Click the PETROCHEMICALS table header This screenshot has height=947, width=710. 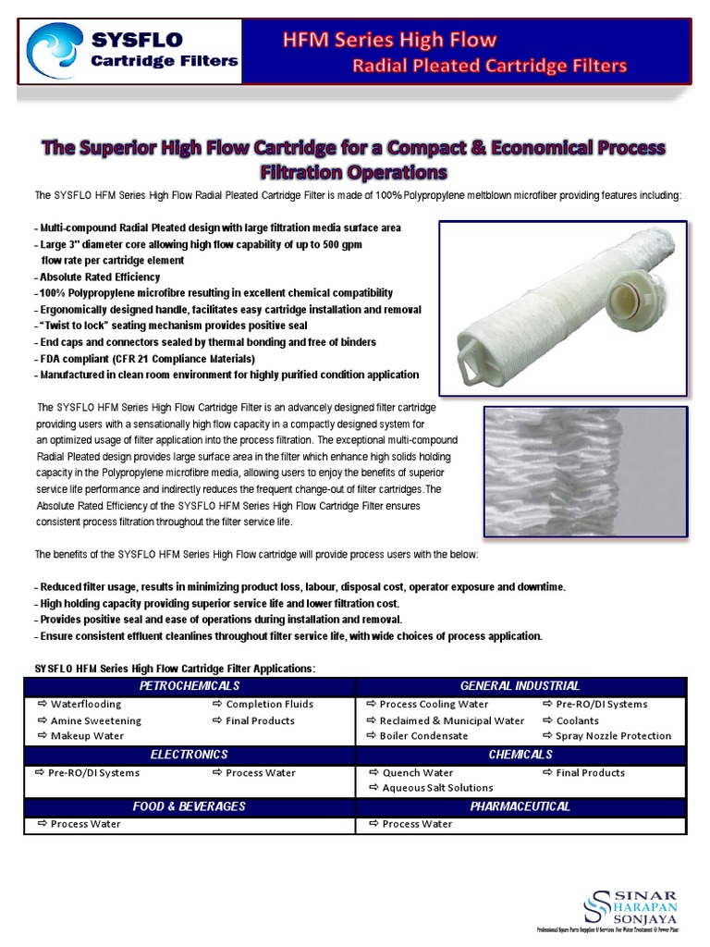[190, 685]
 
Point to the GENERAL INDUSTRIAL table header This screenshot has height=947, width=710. [520, 685]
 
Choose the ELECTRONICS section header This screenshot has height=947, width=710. [190, 755]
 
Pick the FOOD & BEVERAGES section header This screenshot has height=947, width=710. [190, 806]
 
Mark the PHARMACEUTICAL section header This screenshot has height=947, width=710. [520, 806]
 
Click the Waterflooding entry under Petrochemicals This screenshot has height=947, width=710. [85, 705]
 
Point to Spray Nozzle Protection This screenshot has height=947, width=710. [613, 736]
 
